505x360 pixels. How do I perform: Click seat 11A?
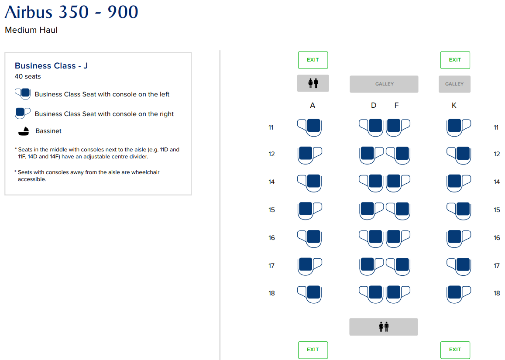click(x=309, y=127)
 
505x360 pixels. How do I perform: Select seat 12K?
click(x=459, y=155)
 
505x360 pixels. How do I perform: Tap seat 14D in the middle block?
click(x=371, y=183)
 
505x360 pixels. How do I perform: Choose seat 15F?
click(x=398, y=211)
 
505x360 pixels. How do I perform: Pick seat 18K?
click(x=459, y=294)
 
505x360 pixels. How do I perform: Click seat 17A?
click(x=310, y=266)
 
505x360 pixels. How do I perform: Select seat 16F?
click(x=398, y=239)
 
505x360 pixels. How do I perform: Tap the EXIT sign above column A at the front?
click(x=313, y=60)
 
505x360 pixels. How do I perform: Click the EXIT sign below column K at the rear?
click(x=455, y=350)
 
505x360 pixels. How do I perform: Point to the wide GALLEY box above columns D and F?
click(x=384, y=84)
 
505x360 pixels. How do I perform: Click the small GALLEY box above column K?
click(x=454, y=84)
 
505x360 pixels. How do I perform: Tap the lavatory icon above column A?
click(x=313, y=83)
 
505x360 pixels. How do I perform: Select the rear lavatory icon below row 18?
click(x=384, y=326)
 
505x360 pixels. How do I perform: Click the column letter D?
click(x=374, y=105)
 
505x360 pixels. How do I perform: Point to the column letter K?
click(x=454, y=105)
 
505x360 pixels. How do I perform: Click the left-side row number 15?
click(x=271, y=210)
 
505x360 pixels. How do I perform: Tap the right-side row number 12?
click(x=497, y=154)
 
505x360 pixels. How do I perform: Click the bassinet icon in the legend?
click(x=24, y=131)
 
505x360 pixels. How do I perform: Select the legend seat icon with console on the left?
click(x=23, y=94)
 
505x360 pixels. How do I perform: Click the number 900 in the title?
click(x=123, y=12)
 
